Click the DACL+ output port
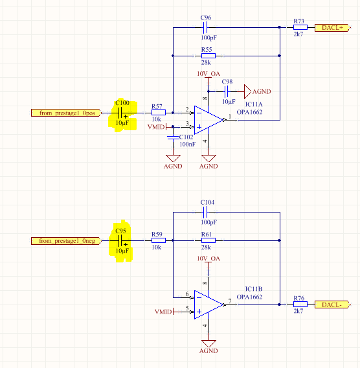coord(333,28)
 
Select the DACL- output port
coord(333,305)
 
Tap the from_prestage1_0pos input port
coord(67,113)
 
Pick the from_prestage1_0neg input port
coord(67,241)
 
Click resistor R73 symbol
coord(300,27)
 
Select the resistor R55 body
coord(208,56)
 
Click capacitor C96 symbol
coord(205,27)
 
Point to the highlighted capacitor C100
coord(120,113)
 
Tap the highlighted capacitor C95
coord(120,241)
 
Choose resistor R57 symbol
coord(159,113)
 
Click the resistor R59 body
coord(159,240)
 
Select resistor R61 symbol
coord(208,240)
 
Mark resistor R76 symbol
coord(300,305)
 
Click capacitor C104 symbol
coord(205,212)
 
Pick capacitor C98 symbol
coord(227,91)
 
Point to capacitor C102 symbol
coord(173,137)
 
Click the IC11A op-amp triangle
coord(208,120)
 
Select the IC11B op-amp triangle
coord(208,305)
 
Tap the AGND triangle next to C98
coord(247,91)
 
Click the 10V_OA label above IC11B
coord(208,259)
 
